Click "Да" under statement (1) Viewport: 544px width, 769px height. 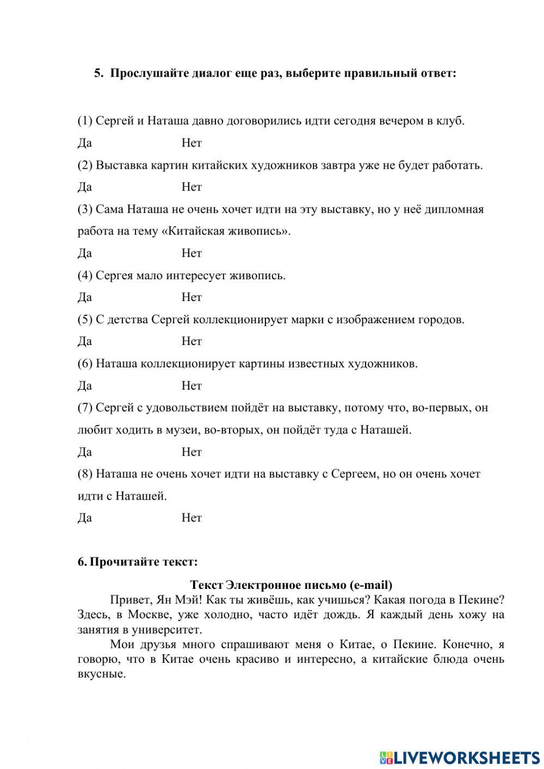point(84,143)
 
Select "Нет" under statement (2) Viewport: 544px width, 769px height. point(191,187)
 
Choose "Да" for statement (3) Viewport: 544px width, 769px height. point(84,253)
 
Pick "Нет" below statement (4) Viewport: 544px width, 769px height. point(191,297)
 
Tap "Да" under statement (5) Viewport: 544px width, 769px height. point(84,341)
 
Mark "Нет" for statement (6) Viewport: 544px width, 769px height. point(191,386)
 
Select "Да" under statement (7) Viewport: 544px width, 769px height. point(84,452)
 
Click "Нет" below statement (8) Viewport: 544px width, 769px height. point(191,518)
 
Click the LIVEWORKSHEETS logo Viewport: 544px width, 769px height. point(459,757)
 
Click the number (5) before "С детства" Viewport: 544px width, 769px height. point(85,319)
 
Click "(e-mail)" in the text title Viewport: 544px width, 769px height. point(372,585)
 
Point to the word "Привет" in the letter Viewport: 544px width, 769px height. point(129,600)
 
